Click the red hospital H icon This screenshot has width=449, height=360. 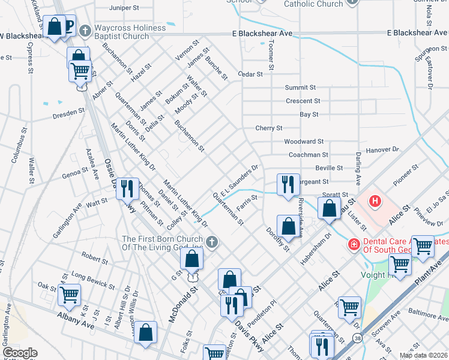pos(375,200)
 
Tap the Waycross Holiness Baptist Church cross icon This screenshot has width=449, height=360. pos(85,30)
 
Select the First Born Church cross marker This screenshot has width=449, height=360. pos(212,241)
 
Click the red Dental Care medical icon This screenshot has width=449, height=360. pos(354,244)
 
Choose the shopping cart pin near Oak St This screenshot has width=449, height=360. pos(70,295)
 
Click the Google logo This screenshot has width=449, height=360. pos(19,353)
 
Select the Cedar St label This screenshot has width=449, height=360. pos(250,74)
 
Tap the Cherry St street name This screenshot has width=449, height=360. pos(268,128)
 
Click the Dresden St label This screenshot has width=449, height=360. pos(68,112)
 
